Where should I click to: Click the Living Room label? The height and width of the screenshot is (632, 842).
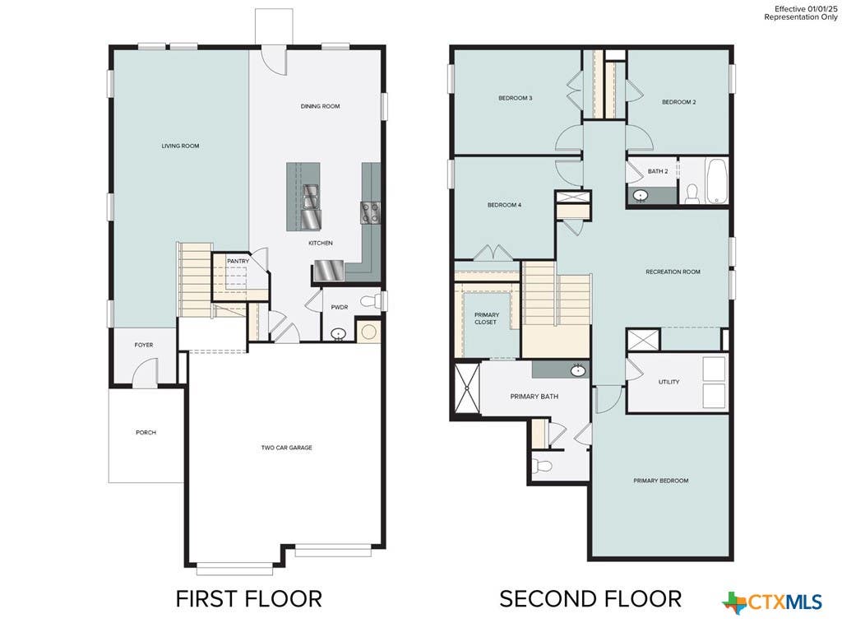180,146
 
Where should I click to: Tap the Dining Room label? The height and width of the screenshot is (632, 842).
320,106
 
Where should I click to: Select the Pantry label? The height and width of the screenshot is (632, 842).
238,261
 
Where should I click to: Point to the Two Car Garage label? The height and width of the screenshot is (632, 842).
286,448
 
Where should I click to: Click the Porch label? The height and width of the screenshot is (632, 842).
146,433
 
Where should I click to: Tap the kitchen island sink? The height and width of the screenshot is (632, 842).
311,196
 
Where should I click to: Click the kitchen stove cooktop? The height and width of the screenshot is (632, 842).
371,212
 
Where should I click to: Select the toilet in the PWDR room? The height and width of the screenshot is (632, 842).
370,301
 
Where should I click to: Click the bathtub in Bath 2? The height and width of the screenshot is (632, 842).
716,180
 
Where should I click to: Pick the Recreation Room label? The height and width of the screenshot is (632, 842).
673,272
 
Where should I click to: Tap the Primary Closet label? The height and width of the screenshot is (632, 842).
487,318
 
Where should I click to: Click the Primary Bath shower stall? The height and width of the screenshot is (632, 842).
467,388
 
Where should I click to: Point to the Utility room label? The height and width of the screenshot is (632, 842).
669,382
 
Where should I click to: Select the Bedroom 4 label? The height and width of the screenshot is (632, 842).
504,205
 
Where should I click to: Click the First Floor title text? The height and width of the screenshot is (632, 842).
249,599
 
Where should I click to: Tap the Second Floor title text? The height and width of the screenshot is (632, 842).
590,599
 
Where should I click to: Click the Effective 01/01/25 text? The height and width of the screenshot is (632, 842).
806,9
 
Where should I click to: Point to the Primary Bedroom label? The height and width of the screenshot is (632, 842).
660,481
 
